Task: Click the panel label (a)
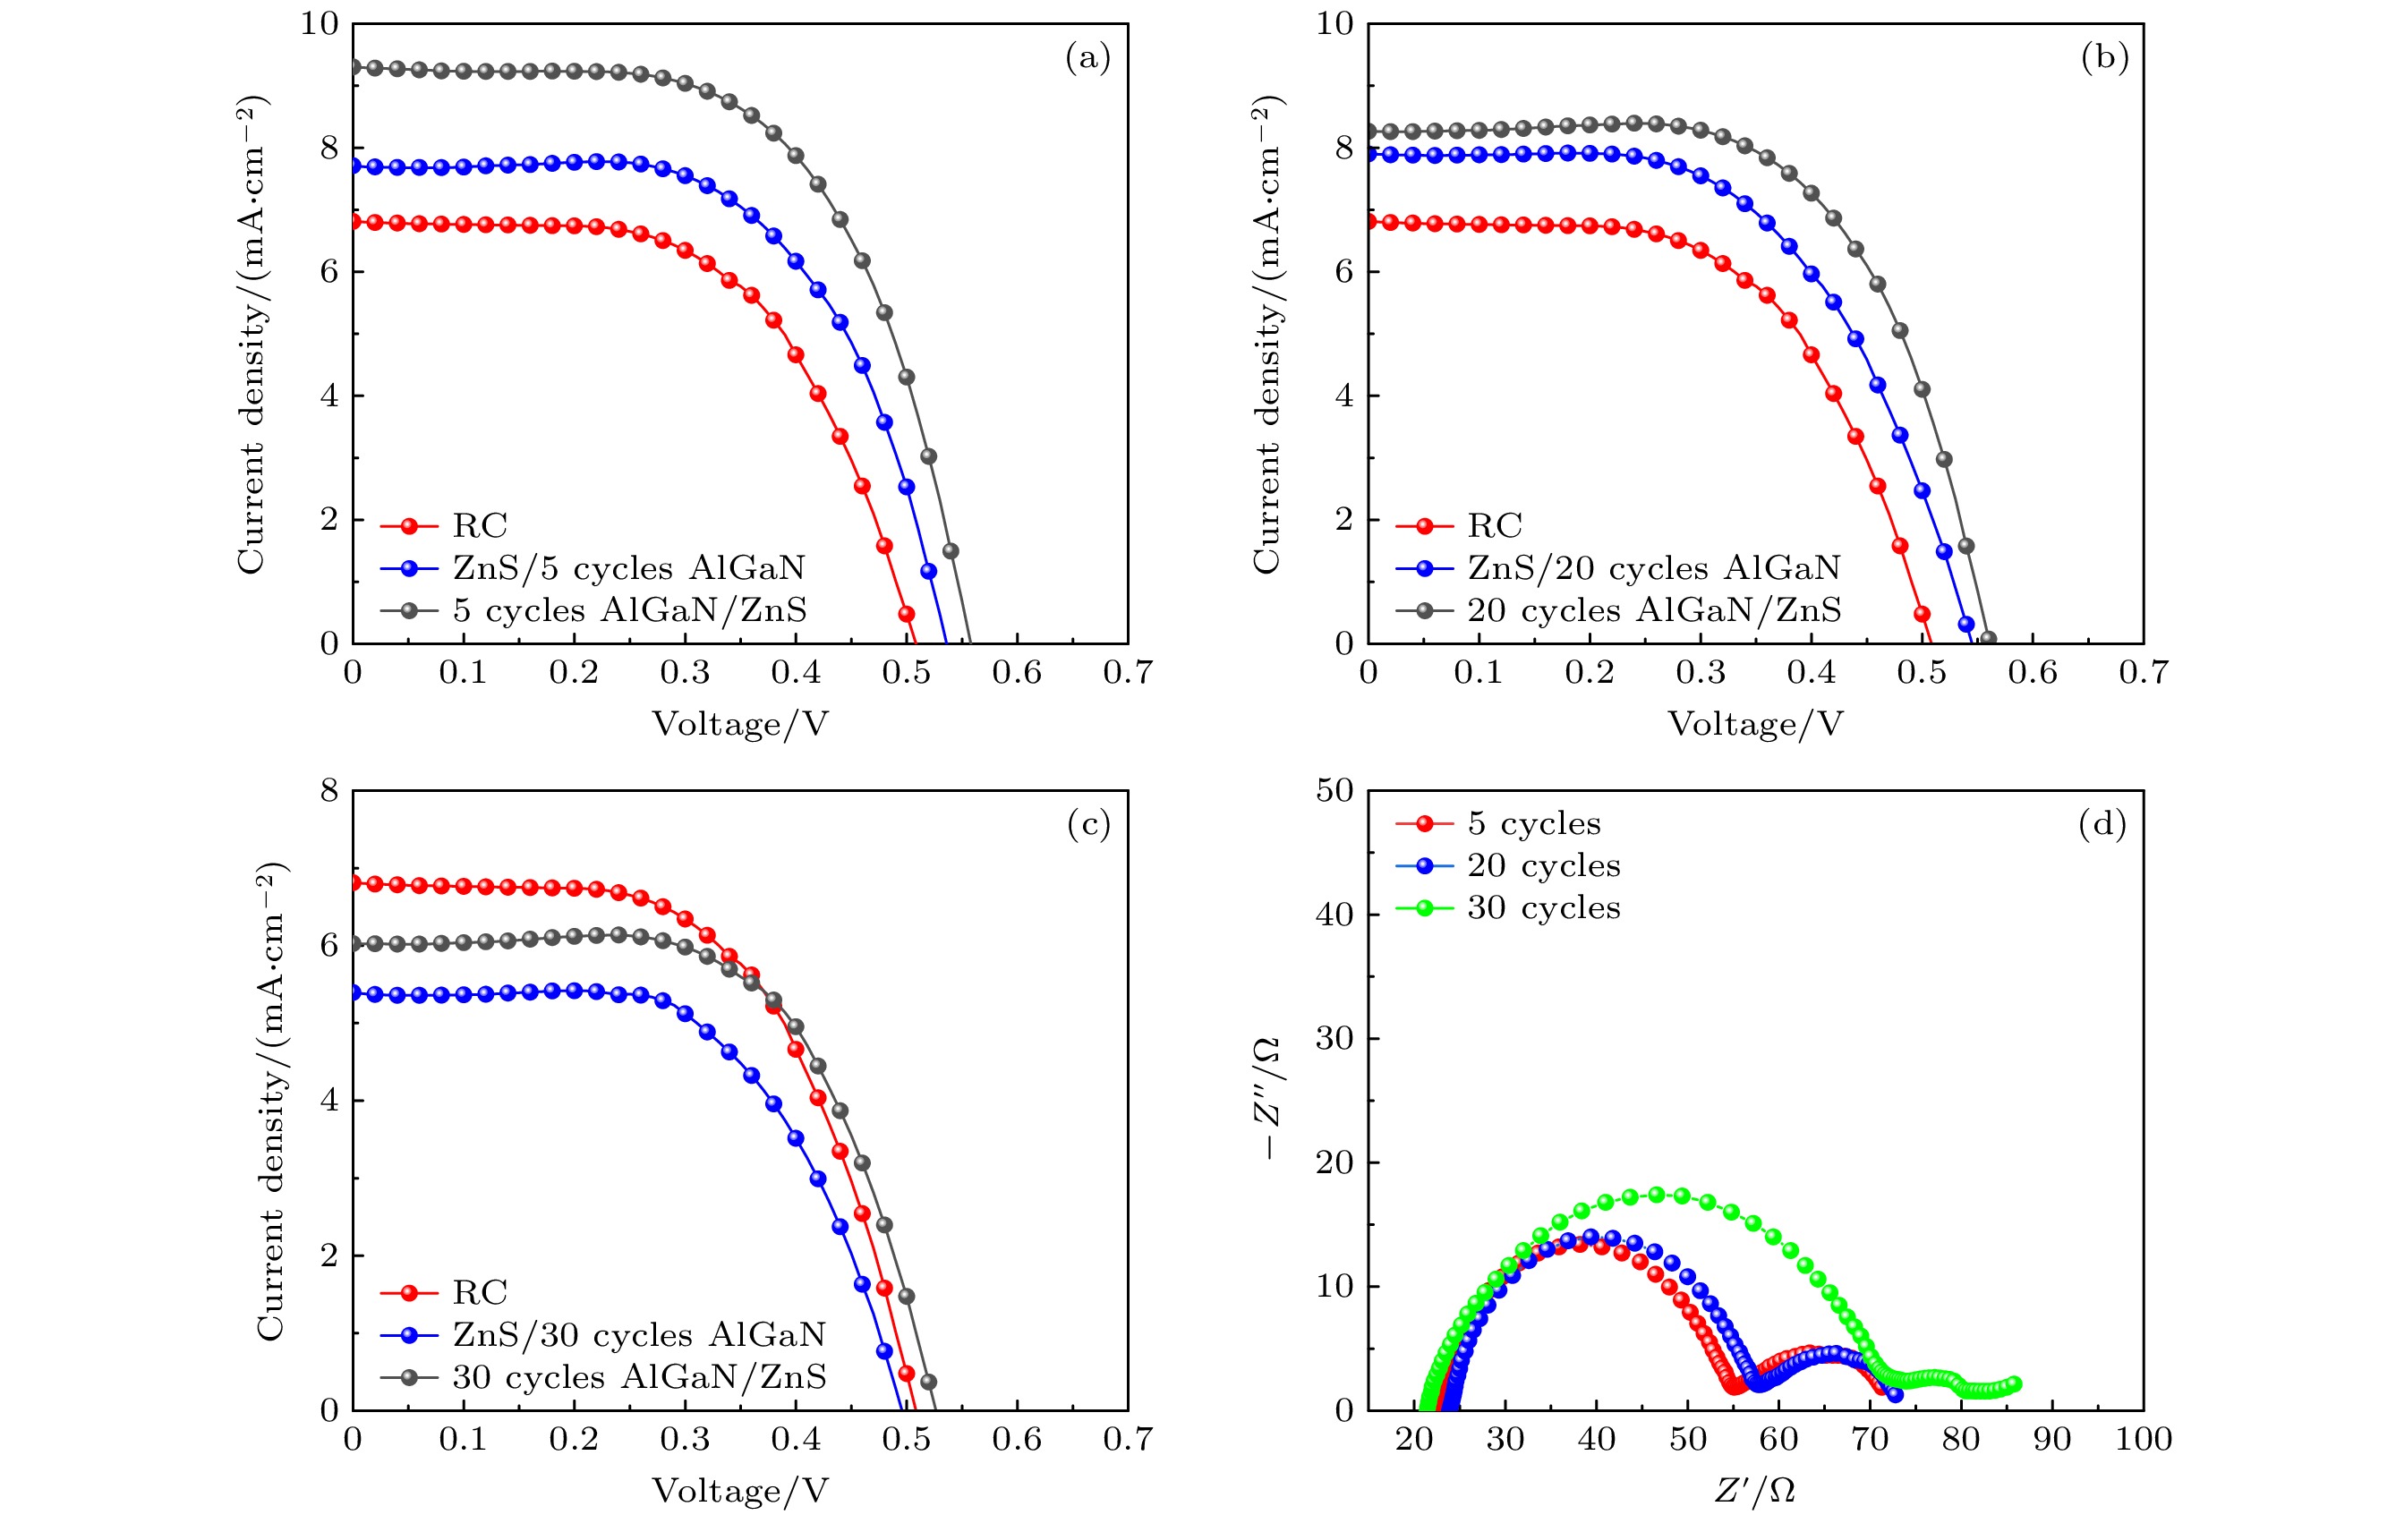[1087, 57]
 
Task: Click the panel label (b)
[2104, 57]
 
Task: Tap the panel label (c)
[1087, 825]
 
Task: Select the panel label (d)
[2102, 825]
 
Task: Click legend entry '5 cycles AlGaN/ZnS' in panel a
[629, 609]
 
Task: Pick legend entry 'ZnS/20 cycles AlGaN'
[1653, 568]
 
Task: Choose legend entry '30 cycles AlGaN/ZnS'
[639, 1376]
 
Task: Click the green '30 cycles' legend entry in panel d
[1543, 908]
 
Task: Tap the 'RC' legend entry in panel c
[480, 1292]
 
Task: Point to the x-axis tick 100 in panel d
[2144, 1440]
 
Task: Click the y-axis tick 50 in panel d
[1334, 791]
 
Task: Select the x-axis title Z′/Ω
[1755, 1490]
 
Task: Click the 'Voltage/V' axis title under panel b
[1755, 724]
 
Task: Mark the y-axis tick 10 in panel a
[320, 24]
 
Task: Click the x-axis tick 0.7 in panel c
[1128, 1440]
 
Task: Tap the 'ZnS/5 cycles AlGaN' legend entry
[629, 568]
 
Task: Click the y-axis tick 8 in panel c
[329, 791]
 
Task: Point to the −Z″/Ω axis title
[1266, 1099]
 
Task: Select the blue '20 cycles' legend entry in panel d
[1543, 866]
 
